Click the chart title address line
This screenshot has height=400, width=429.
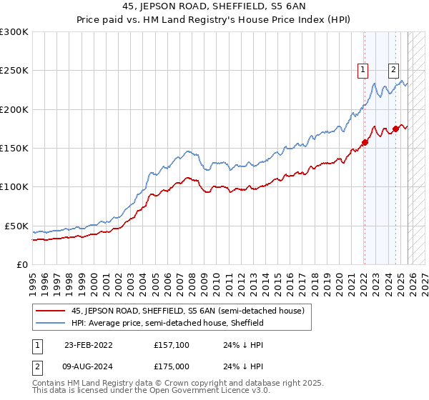pos(214,8)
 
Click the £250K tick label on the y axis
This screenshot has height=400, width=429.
pos(14,71)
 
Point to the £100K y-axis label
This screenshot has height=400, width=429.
pos(14,186)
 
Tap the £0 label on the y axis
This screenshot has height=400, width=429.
pos(21,264)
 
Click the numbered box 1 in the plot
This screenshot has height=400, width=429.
pos(364,69)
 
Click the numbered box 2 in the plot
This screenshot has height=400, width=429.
pos(394,69)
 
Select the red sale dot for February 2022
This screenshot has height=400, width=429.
pos(365,142)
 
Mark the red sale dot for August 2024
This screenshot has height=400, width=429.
pos(395,129)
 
